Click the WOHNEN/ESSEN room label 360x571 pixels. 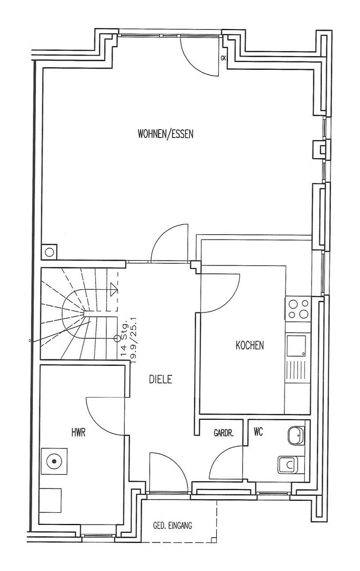coord(165,134)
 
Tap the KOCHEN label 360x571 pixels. coord(250,345)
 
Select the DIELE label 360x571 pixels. coord(161,380)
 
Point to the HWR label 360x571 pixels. coord(78,433)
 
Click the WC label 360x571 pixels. coord(258,432)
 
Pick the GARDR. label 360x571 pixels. coord(223,434)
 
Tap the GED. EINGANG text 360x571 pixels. coord(172,526)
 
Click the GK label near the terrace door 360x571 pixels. coord(223,58)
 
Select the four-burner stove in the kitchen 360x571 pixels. coord(298,309)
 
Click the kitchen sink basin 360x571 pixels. coord(297,346)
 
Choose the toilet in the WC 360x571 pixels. coord(288,465)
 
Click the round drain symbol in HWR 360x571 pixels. coord(54,461)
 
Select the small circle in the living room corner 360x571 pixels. coord(50,252)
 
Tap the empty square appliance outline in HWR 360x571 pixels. coord(51,500)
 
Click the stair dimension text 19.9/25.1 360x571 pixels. coord(133,340)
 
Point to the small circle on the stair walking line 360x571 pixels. coord(117,338)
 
